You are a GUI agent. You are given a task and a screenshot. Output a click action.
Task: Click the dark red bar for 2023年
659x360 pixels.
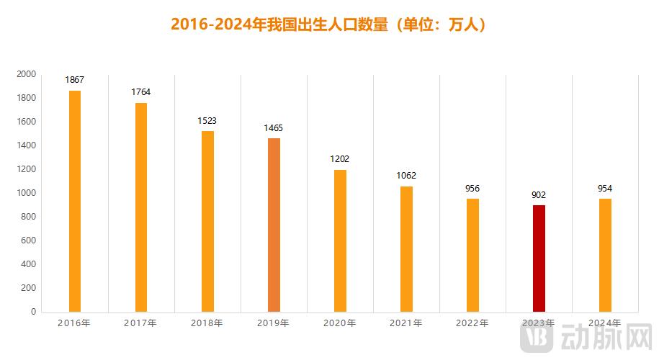pyautogui.click(x=539, y=258)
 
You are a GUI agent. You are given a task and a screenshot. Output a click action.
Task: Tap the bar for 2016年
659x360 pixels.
pyautogui.click(x=75, y=201)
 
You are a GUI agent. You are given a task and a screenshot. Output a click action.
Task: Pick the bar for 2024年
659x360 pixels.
pyautogui.click(x=605, y=255)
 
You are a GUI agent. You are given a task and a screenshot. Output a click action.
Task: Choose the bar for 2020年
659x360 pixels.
pyautogui.click(x=340, y=240)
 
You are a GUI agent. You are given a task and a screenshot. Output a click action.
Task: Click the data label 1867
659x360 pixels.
pyautogui.click(x=75, y=80)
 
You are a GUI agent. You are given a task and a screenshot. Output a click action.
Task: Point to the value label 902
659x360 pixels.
pyautogui.click(x=539, y=194)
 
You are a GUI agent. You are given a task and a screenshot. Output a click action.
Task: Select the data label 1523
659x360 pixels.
pyautogui.click(x=207, y=121)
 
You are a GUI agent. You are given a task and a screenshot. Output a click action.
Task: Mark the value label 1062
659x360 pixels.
pyautogui.click(x=406, y=176)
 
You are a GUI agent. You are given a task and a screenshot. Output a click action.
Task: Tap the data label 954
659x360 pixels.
pyautogui.click(x=605, y=189)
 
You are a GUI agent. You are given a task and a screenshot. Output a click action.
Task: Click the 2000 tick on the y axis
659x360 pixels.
pyautogui.click(x=27, y=74)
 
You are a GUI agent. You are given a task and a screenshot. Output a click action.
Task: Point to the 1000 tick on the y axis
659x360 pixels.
pyautogui.click(x=27, y=193)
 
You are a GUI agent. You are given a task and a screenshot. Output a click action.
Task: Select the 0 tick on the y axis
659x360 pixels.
pyautogui.click(x=33, y=312)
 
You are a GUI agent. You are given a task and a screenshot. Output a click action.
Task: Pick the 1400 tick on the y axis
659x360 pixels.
pyautogui.click(x=27, y=145)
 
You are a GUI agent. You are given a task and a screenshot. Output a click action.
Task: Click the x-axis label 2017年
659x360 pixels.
pyautogui.click(x=140, y=323)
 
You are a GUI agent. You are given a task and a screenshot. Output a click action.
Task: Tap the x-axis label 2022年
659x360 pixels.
pyautogui.click(x=472, y=323)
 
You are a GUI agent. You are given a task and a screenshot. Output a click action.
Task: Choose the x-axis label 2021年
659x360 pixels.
pyautogui.click(x=405, y=323)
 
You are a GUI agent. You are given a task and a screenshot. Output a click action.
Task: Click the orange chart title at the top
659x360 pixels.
pyautogui.click(x=329, y=24)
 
